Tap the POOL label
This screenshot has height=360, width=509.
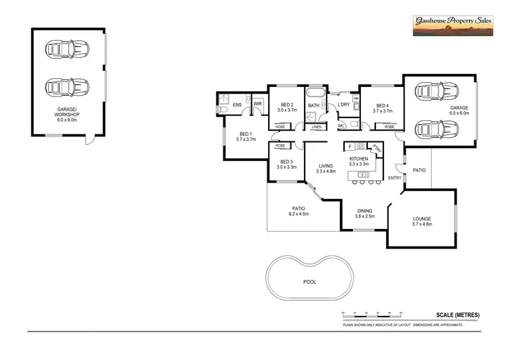click(309, 281)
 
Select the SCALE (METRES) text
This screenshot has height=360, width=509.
click(457, 314)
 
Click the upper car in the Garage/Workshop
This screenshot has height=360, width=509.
click(68, 50)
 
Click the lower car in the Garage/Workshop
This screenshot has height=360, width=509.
click(68, 87)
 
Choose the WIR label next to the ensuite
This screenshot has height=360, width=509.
click(258, 105)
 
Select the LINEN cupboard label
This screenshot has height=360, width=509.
click(316, 127)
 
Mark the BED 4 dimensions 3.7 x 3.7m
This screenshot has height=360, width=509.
click(381, 110)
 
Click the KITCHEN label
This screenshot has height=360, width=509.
click(358, 158)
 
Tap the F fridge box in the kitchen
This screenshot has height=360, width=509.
click(349, 146)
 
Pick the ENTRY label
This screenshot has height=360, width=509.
click(394, 178)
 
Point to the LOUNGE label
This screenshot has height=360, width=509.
click(421, 218)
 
